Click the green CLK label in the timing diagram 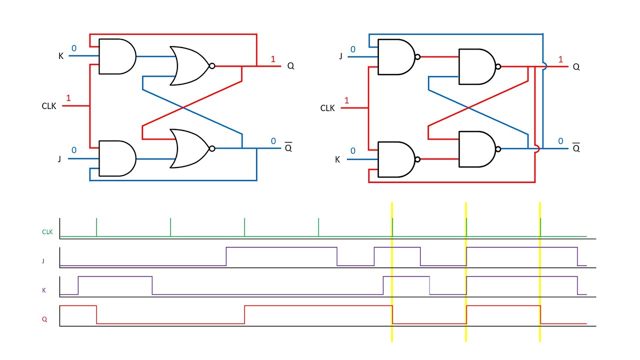[47, 232]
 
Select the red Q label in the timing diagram [44, 319]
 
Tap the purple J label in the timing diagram [43, 260]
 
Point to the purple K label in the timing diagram [44, 290]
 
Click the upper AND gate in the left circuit [116, 56]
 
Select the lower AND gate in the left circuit [116, 158]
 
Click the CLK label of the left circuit [49, 106]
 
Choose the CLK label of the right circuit [327, 108]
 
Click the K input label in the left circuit [61, 56]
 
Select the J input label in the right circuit [341, 56]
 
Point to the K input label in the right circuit [337, 159]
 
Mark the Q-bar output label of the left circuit [288, 148]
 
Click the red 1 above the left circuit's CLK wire [68, 98]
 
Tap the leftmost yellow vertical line [392, 272]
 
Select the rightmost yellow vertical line [540, 272]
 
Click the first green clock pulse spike [96, 227]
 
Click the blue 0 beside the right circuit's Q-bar [560, 141]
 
